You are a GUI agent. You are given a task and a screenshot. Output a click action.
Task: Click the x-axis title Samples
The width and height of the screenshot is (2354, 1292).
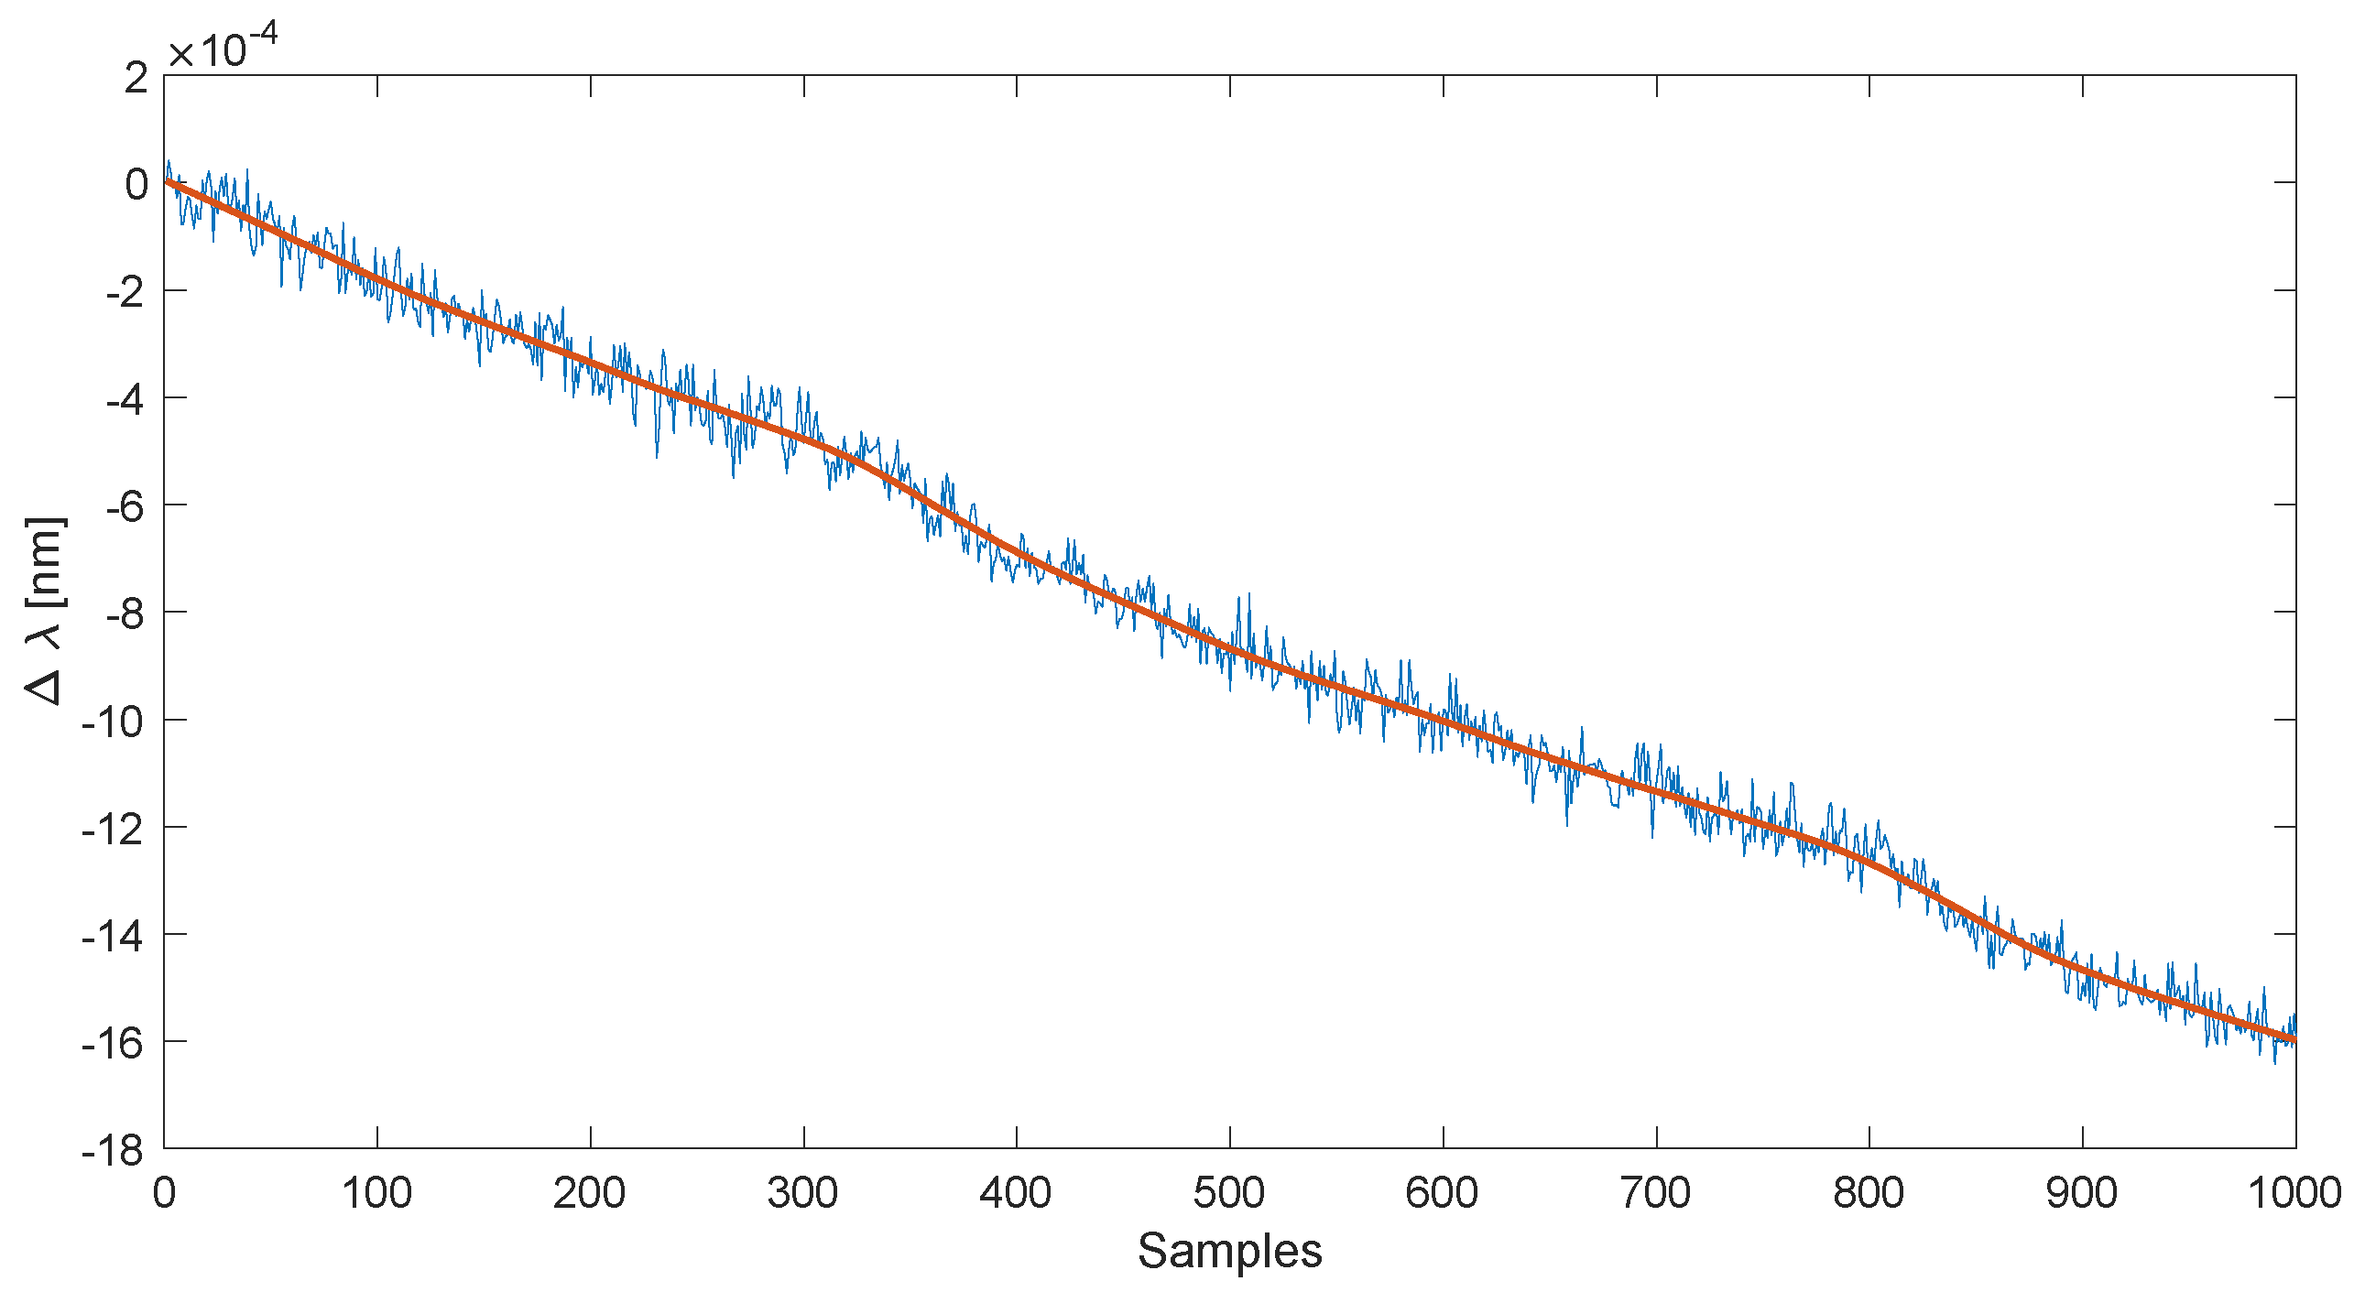click(x=1229, y=1251)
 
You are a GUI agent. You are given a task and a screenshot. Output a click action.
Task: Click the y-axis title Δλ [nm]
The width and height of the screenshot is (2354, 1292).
click(x=45, y=612)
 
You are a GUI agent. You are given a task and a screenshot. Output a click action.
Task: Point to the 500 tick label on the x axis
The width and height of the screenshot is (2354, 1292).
click(x=1229, y=1193)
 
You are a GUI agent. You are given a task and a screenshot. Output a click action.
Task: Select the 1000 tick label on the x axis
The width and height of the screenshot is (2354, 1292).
click(x=2294, y=1193)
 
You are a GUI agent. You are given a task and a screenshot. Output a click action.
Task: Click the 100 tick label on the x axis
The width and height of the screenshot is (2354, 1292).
click(x=376, y=1193)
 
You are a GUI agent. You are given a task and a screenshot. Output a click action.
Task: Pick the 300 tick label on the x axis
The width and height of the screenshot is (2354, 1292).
click(x=803, y=1193)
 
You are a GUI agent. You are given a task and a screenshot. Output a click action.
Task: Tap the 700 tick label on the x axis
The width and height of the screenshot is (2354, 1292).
click(x=1656, y=1193)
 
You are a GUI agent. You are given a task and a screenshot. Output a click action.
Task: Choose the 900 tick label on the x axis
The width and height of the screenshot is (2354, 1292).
click(x=2082, y=1193)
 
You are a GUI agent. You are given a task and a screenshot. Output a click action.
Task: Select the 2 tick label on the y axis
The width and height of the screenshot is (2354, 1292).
click(x=136, y=78)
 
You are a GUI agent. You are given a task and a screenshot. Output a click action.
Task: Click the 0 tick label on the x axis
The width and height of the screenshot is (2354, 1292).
click(x=164, y=1193)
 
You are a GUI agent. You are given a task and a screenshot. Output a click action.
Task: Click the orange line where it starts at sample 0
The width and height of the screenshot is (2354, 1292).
click(x=166, y=182)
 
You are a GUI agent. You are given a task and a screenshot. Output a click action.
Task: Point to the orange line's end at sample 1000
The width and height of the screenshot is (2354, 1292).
click(x=2294, y=1039)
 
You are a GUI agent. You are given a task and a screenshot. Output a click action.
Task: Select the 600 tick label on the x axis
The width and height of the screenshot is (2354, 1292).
click(x=1443, y=1193)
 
